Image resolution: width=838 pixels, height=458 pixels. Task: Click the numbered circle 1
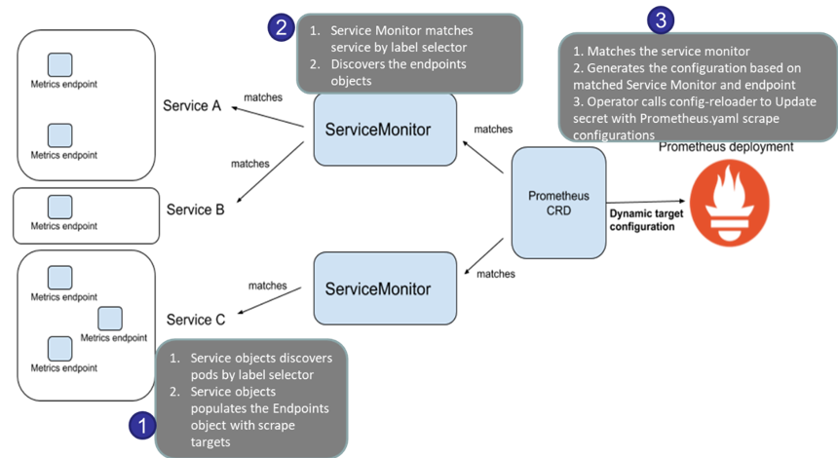click(x=143, y=426)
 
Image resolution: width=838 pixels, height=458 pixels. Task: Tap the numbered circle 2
click(x=281, y=27)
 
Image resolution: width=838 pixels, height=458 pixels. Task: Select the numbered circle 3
click(x=661, y=19)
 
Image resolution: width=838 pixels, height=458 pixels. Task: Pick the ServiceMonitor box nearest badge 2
click(x=385, y=129)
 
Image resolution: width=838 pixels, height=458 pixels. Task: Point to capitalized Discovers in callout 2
click(x=361, y=64)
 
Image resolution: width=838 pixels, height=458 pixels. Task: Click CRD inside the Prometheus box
click(x=558, y=211)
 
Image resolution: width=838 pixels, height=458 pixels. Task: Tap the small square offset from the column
click(x=110, y=319)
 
